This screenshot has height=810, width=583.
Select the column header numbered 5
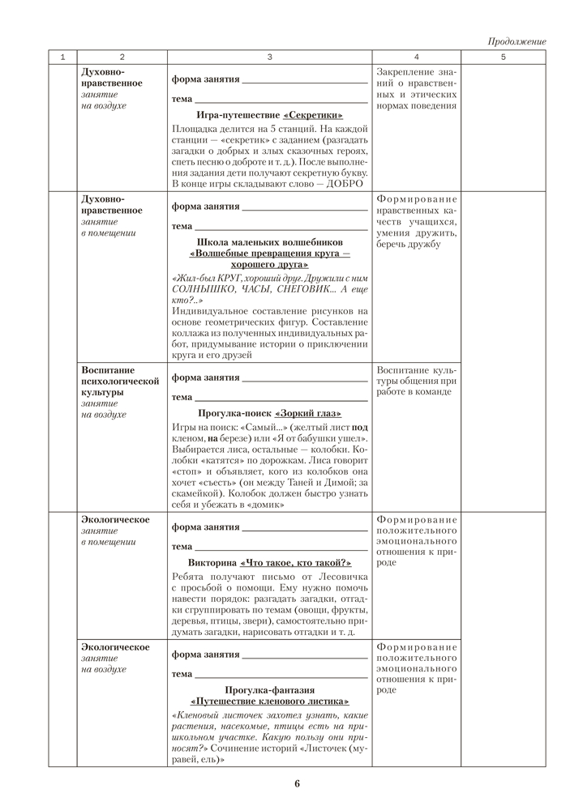coord(503,58)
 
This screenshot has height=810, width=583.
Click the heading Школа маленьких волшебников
coord(270,242)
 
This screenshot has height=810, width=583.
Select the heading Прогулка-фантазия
coord(270,689)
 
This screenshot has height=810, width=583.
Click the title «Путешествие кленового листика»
coord(270,701)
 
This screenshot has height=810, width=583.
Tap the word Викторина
coord(212,561)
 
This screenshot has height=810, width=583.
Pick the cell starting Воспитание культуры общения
coord(417,380)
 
